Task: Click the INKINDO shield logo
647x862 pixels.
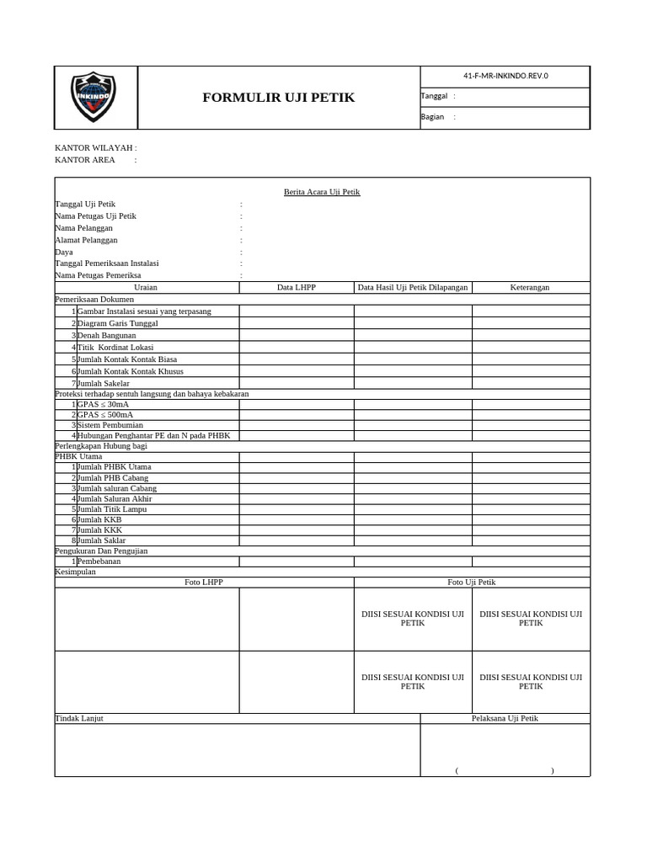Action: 94,98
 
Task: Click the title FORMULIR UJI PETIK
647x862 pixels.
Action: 278,98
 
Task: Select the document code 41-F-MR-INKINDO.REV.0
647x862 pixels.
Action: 505,76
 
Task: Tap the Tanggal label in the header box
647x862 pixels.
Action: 434,96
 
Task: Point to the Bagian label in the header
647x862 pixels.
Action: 432,117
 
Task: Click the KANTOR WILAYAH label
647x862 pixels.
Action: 95,147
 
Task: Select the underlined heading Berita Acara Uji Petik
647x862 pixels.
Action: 322,192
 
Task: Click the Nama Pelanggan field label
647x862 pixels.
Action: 83,228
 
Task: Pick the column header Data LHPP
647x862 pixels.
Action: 297,287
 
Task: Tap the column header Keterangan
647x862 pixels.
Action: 530,287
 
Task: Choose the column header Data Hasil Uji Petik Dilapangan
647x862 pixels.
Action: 413,287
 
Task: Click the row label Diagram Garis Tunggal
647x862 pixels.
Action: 117,323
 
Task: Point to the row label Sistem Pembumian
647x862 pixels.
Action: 110,425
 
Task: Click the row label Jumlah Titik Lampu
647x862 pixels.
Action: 111,509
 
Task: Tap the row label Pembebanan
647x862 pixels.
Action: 99,561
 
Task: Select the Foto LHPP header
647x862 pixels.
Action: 204,582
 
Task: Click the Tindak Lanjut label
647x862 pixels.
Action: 79,718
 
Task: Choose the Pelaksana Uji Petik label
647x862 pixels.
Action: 505,718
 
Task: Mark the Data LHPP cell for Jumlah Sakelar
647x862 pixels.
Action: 297,384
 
